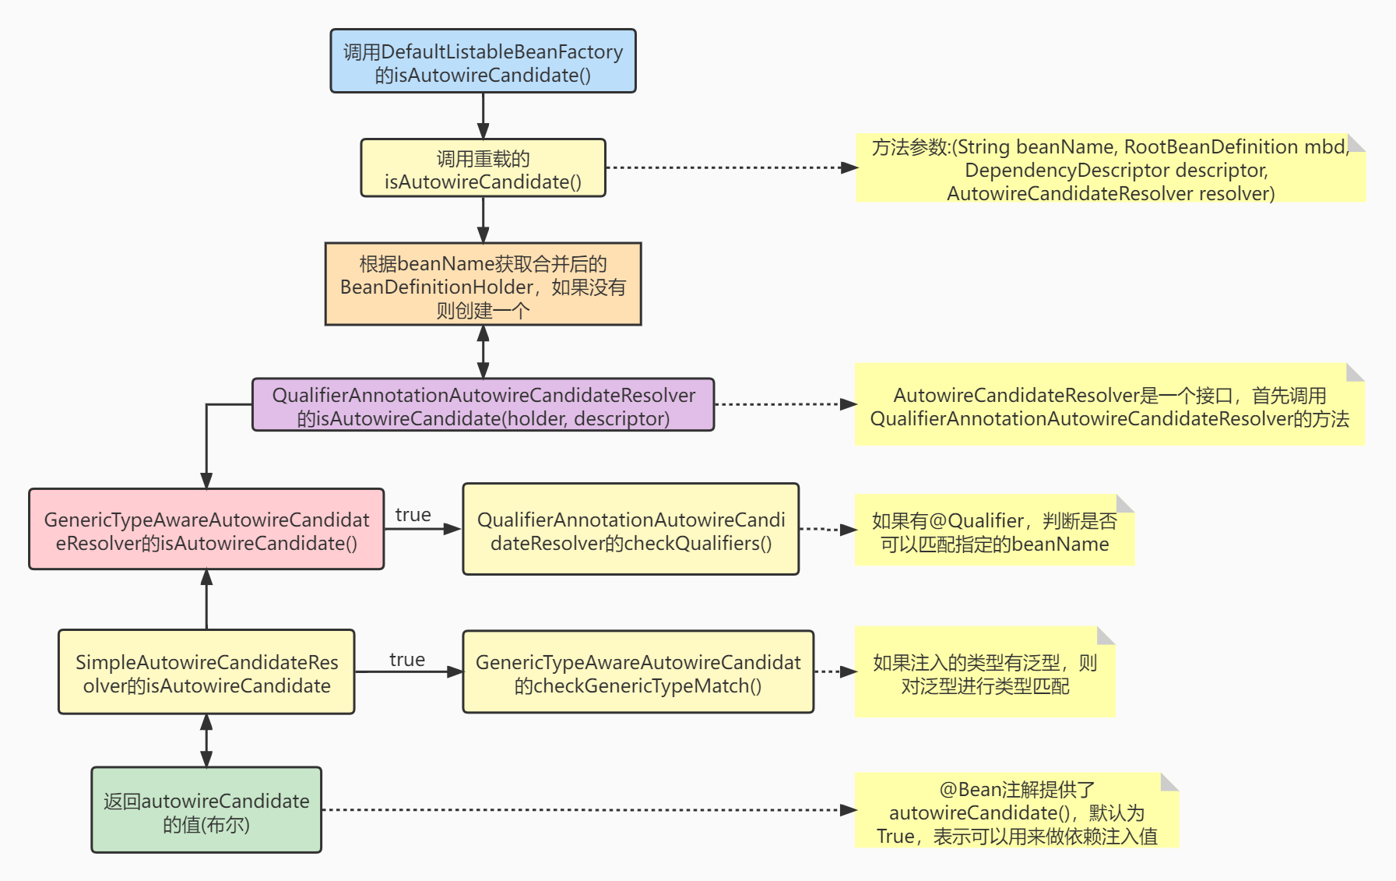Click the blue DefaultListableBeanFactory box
click(483, 62)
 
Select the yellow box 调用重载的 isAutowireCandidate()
click(483, 168)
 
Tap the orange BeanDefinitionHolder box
click(483, 284)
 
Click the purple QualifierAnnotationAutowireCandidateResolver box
click(483, 405)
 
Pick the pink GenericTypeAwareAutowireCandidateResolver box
click(206, 530)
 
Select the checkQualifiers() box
click(631, 530)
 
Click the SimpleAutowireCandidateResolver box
click(206, 672)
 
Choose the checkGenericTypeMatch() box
click(638, 672)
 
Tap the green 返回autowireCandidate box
click(206, 810)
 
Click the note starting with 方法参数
click(1110, 169)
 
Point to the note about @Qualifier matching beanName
click(993, 530)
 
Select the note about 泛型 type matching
click(984, 673)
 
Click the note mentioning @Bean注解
click(1016, 811)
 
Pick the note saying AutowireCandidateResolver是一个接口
click(1109, 405)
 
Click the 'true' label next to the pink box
click(413, 515)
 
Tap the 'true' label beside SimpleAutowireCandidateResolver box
click(406, 660)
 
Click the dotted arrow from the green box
click(584, 810)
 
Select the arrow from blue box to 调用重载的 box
click(483, 115)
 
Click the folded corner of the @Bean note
click(1170, 781)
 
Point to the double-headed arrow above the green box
click(206, 740)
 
